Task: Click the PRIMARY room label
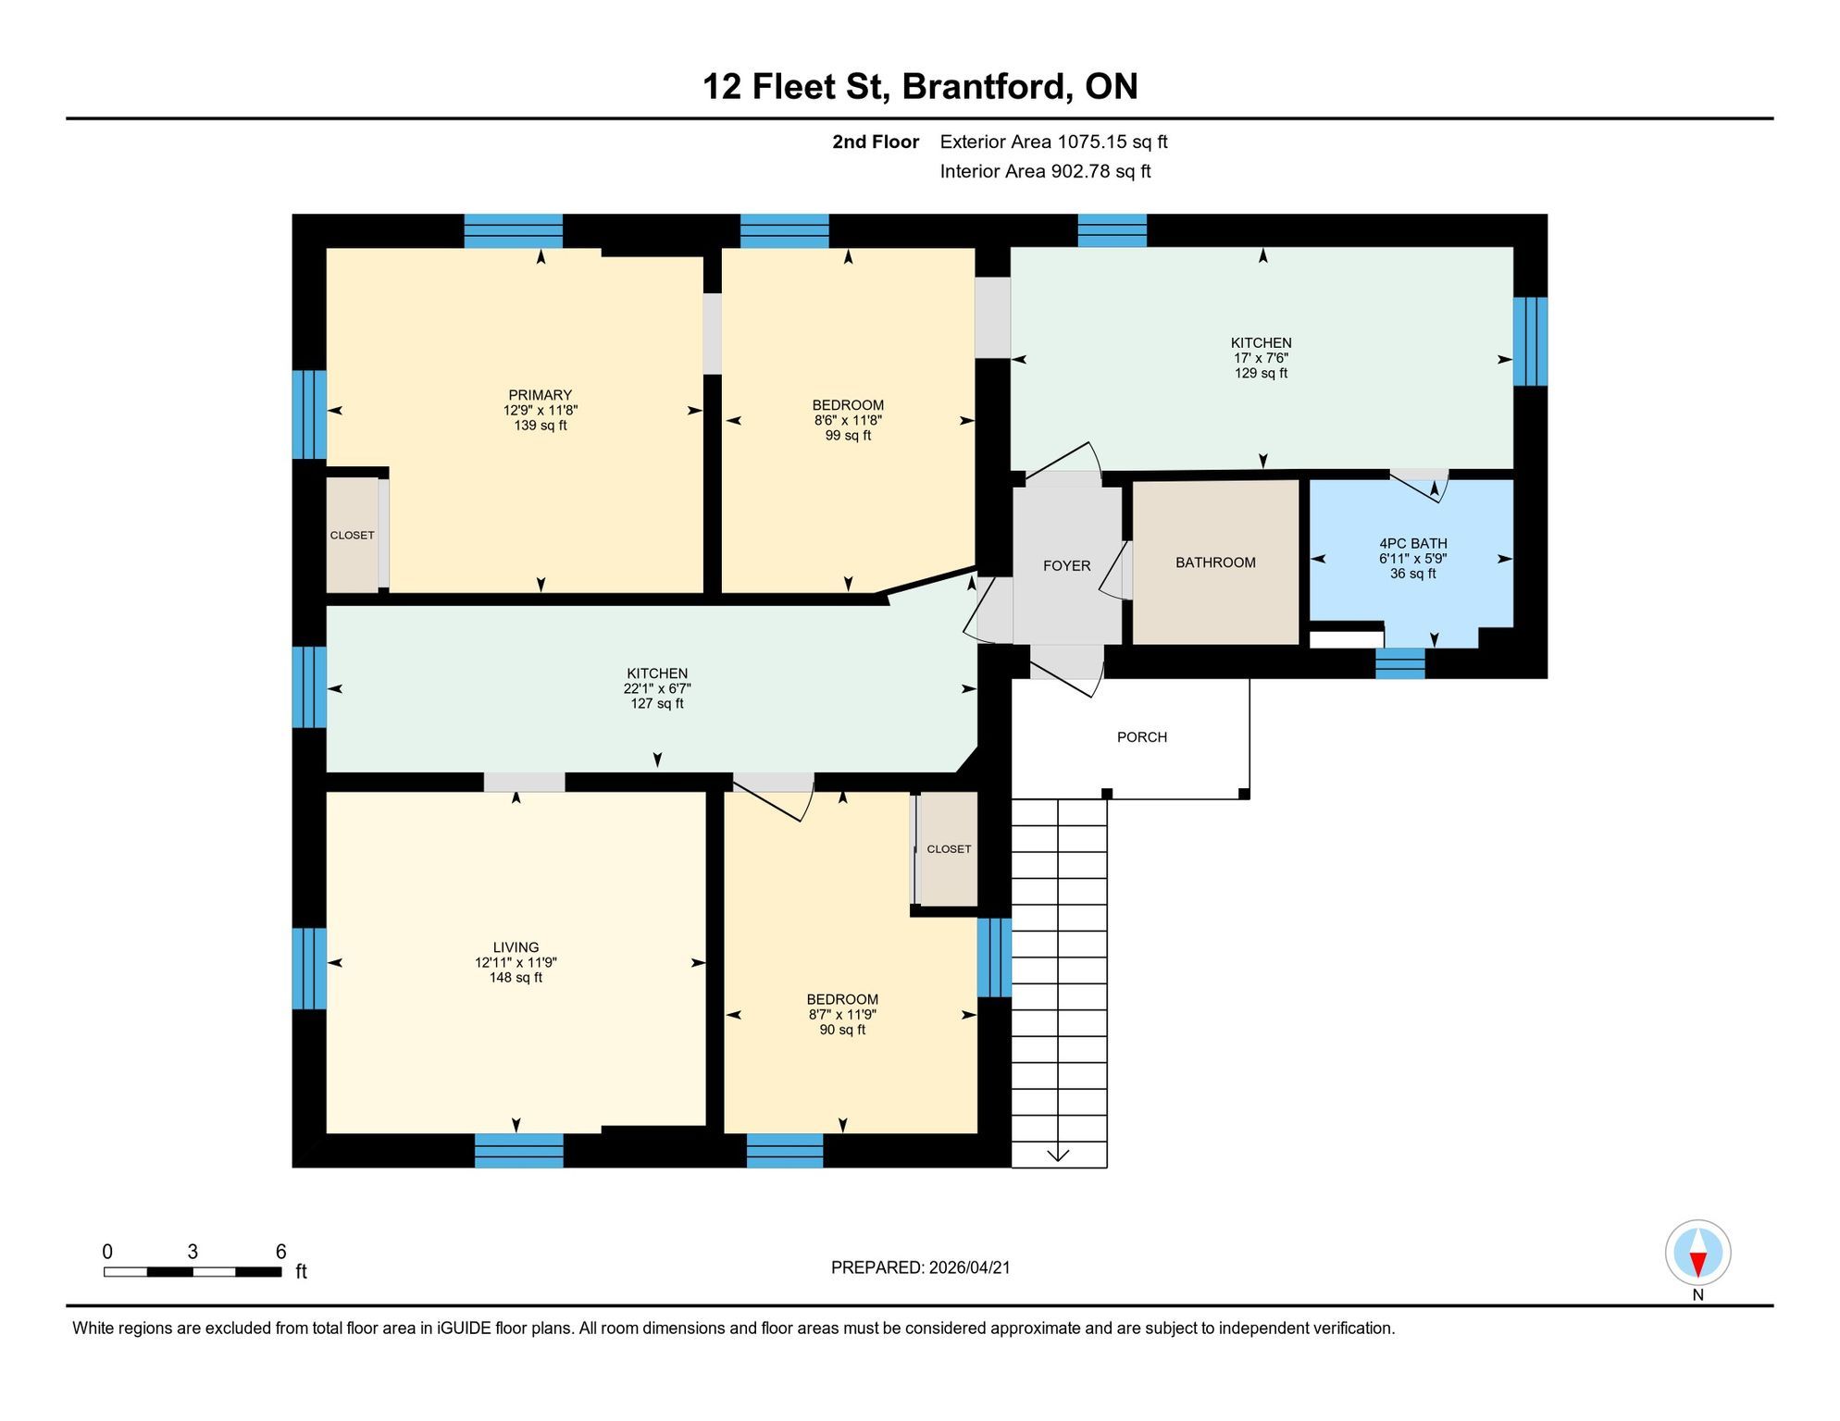pyautogui.click(x=541, y=395)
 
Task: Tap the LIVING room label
pyautogui.click(x=516, y=947)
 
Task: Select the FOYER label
pyautogui.click(x=1066, y=566)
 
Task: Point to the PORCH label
pyautogui.click(x=1142, y=737)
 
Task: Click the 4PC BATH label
pyautogui.click(x=1413, y=544)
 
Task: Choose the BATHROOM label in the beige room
pyautogui.click(x=1215, y=562)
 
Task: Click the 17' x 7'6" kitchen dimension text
pyautogui.click(x=1261, y=358)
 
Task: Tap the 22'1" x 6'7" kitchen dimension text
pyautogui.click(x=657, y=688)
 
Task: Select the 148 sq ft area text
pyautogui.click(x=516, y=978)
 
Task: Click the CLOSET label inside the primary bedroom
pyautogui.click(x=352, y=536)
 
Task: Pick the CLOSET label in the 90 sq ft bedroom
pyautogui.click(x=949, y=849)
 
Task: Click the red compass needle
pyautogui.click(x=1697, y=1264)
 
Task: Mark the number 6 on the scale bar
pyautogui.click(x=281, y=1252)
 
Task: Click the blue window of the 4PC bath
pyautogui.click(x=1399, y=663)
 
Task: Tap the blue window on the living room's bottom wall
pyautogui.click(x=518, y=1150)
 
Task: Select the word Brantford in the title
pyautogui.click(x=987, y=86)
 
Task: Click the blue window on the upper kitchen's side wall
pyautogui.click(x=1530, y=340)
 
